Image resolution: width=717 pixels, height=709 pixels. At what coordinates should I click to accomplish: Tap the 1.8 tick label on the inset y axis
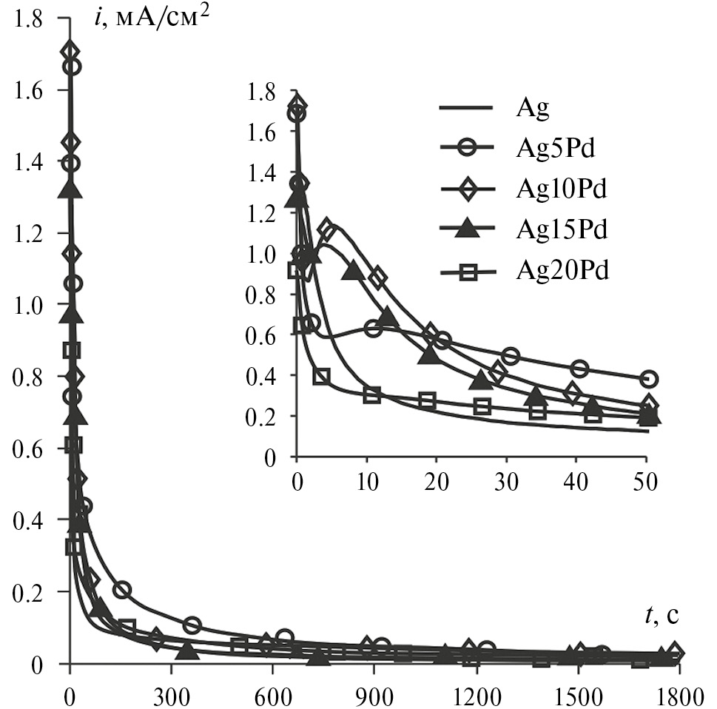coord(263,93)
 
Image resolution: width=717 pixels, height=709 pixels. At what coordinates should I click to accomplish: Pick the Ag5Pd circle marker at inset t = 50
coord(649,379)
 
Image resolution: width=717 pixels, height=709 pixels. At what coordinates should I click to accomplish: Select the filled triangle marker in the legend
coord(467,229)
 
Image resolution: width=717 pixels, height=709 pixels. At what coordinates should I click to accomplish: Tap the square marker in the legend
coord(467,272)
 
